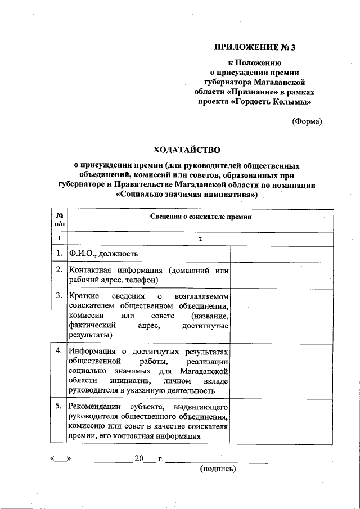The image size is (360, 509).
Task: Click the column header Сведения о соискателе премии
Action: point(201,217)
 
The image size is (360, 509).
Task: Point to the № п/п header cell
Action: point(59,219)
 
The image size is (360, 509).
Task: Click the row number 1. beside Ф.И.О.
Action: point(59,254)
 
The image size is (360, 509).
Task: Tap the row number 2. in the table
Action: point(59,271)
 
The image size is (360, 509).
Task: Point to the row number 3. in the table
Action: point(59,295)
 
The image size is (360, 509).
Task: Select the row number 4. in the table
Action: point(59,352)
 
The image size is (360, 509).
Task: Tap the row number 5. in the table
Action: point(59,406)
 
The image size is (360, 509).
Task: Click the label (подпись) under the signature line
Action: point(218,468)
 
